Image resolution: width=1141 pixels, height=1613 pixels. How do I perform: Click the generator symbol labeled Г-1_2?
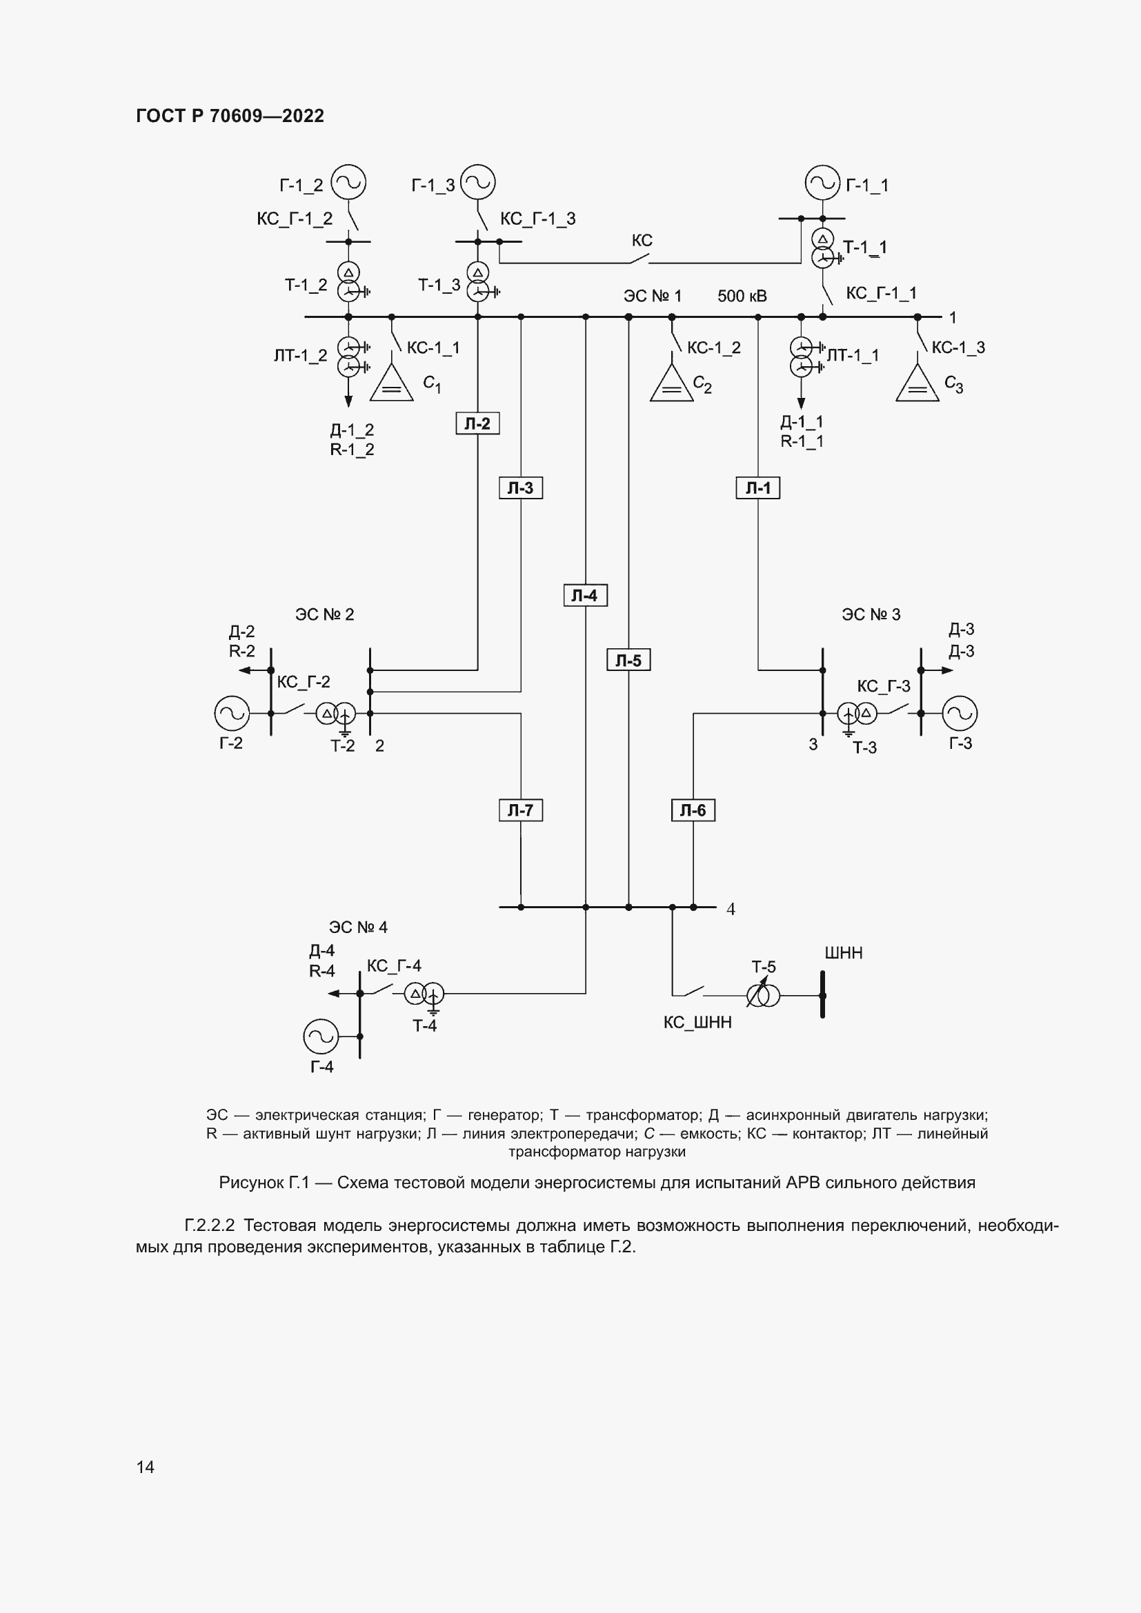point(348,183)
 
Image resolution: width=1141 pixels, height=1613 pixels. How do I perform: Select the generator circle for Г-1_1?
point(823,183)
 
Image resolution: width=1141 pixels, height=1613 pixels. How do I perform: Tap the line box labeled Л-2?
point(478,423)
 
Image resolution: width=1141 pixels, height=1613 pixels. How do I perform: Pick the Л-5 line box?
point(628,661)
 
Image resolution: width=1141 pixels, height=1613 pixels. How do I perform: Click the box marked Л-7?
point(521,810)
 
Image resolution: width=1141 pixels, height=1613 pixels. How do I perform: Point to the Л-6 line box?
point(693,810)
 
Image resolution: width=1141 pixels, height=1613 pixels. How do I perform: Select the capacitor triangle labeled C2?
point(672,385)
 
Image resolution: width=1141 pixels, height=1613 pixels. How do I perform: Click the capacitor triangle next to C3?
point(917,385)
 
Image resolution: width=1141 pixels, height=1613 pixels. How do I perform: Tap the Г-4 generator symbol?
point(321,1036)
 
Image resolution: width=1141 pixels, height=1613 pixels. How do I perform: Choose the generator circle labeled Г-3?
point(960,713)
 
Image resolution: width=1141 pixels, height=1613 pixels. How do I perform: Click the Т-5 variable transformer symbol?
point(763,996)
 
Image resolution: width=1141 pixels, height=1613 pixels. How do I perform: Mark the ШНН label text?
point(843,953)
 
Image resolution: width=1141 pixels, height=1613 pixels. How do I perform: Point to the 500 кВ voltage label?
point(742,297)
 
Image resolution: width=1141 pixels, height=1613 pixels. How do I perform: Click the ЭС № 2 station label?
point(325,614)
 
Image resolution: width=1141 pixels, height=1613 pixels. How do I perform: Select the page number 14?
point(146,1467)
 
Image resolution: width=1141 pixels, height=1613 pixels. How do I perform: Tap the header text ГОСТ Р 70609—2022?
point(230,116)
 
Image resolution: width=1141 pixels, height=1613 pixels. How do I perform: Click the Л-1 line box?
point(758,488)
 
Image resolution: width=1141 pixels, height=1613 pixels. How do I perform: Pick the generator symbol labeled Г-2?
point(232,713)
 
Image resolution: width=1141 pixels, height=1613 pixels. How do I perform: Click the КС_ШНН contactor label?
point(697,1023)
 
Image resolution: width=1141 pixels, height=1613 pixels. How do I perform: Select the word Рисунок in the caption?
point(251,1183)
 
